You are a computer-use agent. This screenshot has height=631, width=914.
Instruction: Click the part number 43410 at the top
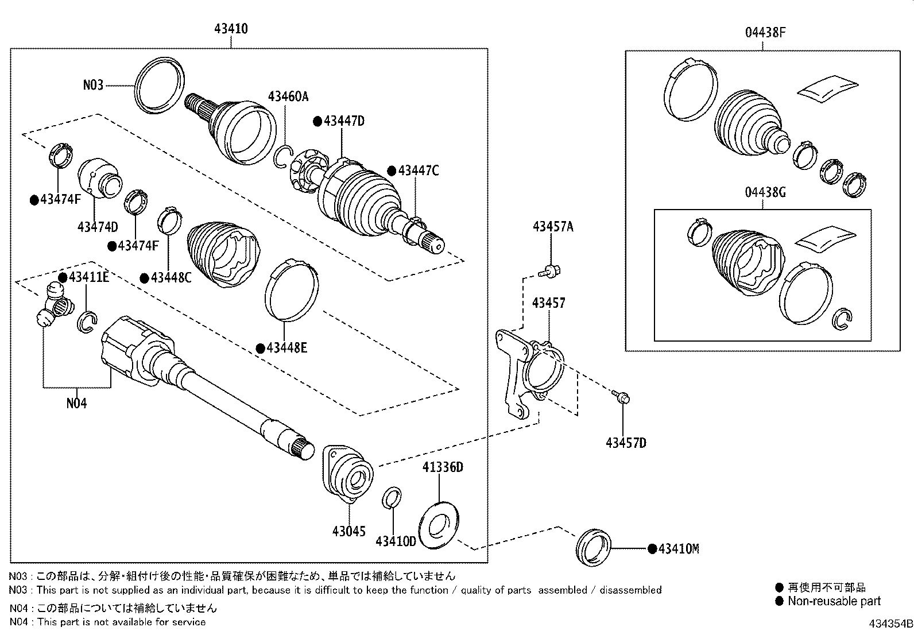click(x=231, y=28)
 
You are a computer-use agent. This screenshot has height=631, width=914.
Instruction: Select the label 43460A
click(x=288, y=96)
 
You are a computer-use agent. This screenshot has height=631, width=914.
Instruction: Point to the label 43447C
click(x=418, y=171)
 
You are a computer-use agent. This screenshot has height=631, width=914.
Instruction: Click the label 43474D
click(x=98, y=227)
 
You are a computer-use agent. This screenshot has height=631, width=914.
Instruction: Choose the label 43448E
click(x=285, y=348)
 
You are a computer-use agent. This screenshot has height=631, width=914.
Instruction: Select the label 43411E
click(x=88, y=277)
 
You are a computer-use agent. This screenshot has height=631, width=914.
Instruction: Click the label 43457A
click(x=552, y=226)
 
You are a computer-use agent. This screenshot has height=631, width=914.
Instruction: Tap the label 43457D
click(x=626, y=443)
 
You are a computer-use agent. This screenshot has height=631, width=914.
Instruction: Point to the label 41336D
click(x=443, y=467)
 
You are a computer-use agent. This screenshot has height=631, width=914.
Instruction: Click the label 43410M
click(x=678, y=549)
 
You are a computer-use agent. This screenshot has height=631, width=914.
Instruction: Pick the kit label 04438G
click(x=765, y=192)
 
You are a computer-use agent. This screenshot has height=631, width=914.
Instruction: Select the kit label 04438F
click(x=765, y=33)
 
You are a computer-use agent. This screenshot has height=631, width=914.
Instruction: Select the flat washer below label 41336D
click(x=439, y=524)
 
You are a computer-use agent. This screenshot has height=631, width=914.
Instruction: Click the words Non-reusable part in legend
click(x=834, y=601)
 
